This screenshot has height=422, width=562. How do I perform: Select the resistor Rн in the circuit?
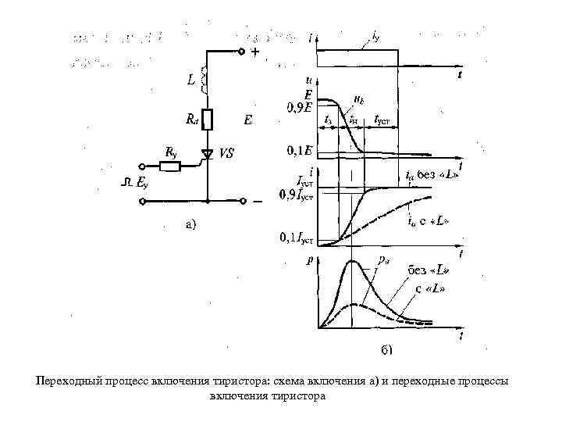pyautogui.click(x=207, y=119)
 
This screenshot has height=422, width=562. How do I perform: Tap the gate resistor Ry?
pyautogui.click(x=169, y=166)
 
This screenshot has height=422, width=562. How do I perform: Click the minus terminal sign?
pyautogui.click(x=258, y=201)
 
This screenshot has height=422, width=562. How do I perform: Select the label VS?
pyautogui.click(x=226, y=154)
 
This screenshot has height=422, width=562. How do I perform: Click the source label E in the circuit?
pyautogui.click(x=247, y=120)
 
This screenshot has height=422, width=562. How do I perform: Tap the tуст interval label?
pyautogui.click(x=382, y=120)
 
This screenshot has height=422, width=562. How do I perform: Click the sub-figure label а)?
pyautogui.click(x=191, y=225)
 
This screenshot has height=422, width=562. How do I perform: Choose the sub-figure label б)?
pyautogui.click(x=386, y=349)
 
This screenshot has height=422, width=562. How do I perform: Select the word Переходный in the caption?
pyautogui.click(x=69, y=381)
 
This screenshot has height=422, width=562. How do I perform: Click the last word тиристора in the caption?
pyautogui.click(x=297, y=396)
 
